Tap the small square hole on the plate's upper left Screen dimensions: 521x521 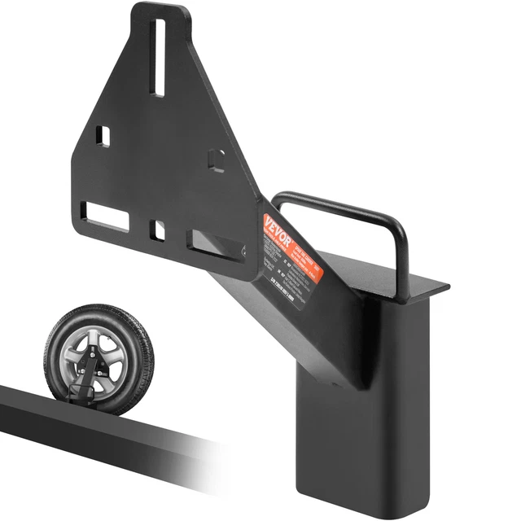click(x=102, y=135)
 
